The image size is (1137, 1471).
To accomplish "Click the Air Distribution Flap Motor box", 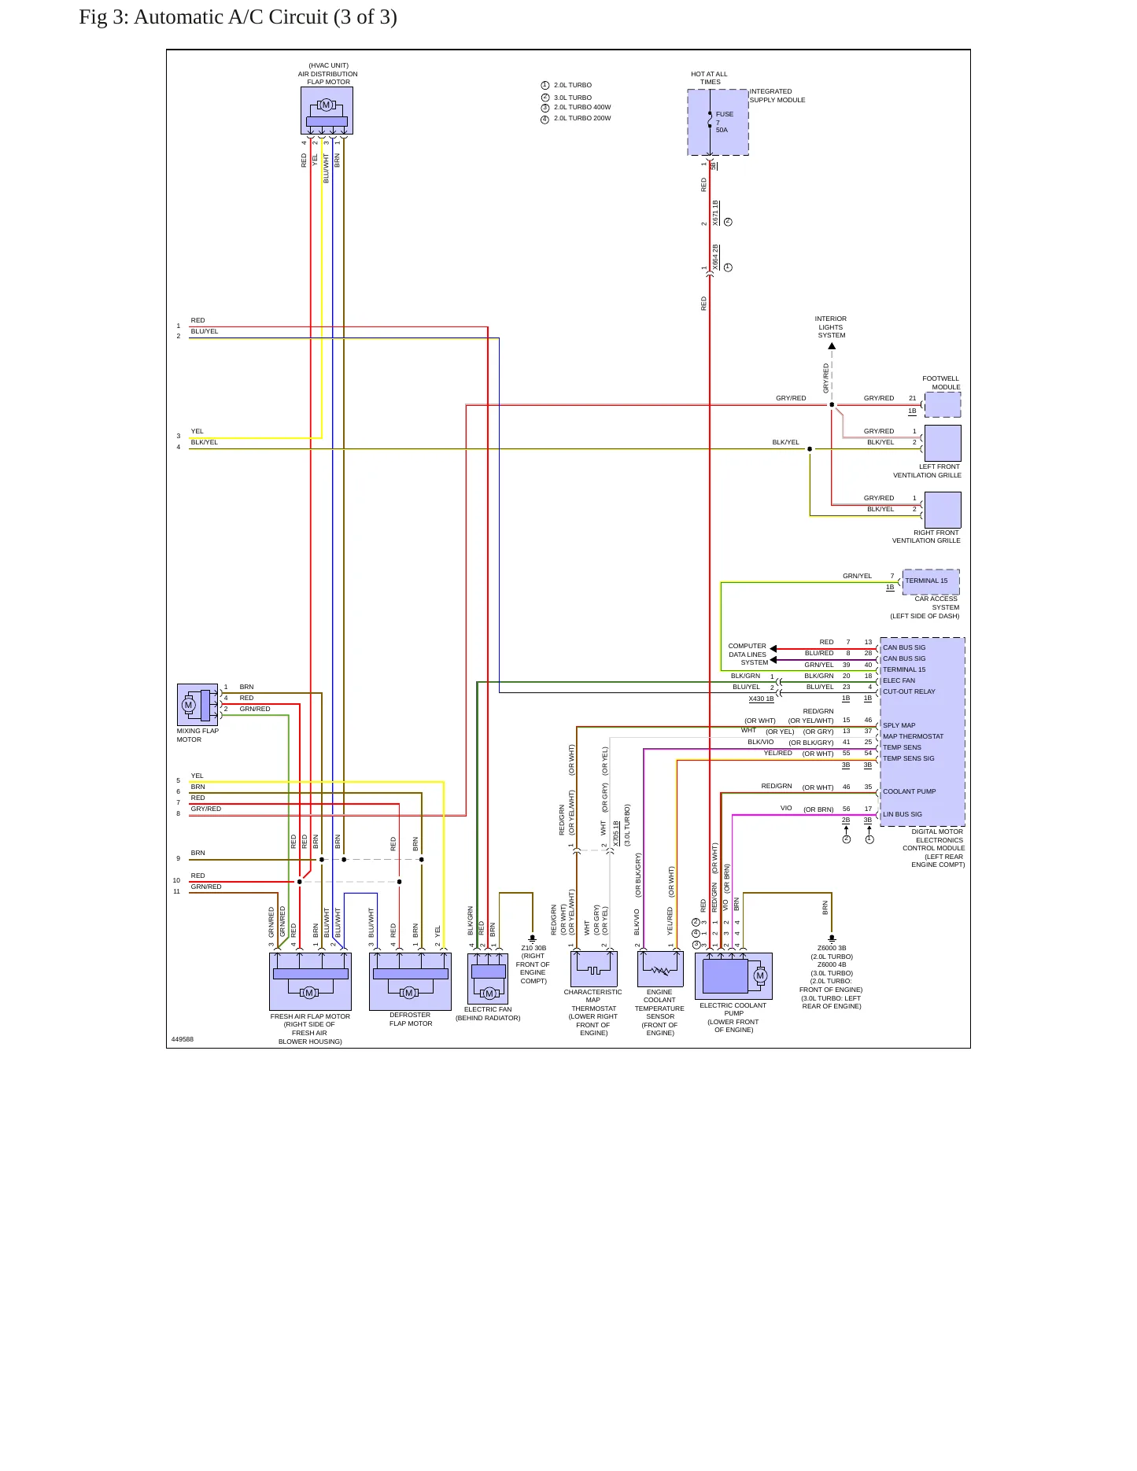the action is click(x=327, y=110).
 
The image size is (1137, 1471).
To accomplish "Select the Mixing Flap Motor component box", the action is click(x=197, y=704).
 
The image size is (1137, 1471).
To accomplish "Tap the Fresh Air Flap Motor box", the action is click(x=310, y=982).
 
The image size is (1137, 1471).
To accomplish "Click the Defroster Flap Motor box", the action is click(x=410, y=982).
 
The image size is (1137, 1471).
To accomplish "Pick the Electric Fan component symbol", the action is click(x=488, y=979).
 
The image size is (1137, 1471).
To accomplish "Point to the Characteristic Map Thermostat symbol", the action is click(x=593, y=969).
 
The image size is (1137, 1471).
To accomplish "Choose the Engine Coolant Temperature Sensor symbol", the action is click(x=660, y=969).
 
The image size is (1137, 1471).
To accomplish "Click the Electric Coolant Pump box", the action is click(x=733, y=976).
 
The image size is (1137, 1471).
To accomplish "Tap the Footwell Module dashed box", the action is click(x=943, y=404).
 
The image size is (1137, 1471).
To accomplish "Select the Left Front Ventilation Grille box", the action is click(x=943, y=443).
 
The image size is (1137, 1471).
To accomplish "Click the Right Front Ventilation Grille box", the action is click(x=943, y=510).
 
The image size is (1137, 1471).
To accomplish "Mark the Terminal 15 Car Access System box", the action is click(x=931, y=581).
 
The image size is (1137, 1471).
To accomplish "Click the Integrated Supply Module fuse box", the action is click(x=718, y=122).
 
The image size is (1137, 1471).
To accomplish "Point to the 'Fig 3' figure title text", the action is click(x=238, y=17).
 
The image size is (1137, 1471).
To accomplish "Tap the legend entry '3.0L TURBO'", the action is click(x=573, y=98).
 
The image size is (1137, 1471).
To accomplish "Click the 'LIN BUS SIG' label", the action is click(x=903, y=814).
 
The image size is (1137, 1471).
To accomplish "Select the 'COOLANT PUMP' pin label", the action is click(x=910, y=791).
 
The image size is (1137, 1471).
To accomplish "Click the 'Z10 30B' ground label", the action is click(x=533, y=948).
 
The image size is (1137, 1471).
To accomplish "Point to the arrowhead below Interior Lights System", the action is click(x=832, y=346).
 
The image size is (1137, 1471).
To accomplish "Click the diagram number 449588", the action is click(x=183, y=1039).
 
